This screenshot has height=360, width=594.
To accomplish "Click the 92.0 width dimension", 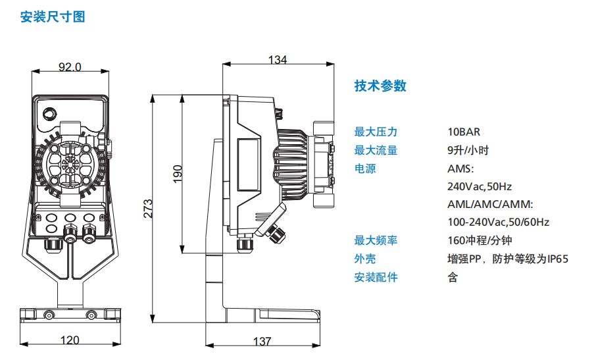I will tap(70, 66).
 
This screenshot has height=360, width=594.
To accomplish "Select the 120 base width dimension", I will tap(70, 340).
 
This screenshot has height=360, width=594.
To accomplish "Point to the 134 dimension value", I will tap(278, 60).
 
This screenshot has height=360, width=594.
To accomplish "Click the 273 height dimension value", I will tap(148, 208).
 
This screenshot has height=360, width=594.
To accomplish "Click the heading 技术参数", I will tap(380, 86).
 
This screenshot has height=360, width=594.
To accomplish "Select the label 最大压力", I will tap(376, 132).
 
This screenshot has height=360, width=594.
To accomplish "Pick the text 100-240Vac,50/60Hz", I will tap(498, 222).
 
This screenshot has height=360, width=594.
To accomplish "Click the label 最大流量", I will tap(376, 150).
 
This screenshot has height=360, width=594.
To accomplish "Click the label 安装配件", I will tap(376, 277).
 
